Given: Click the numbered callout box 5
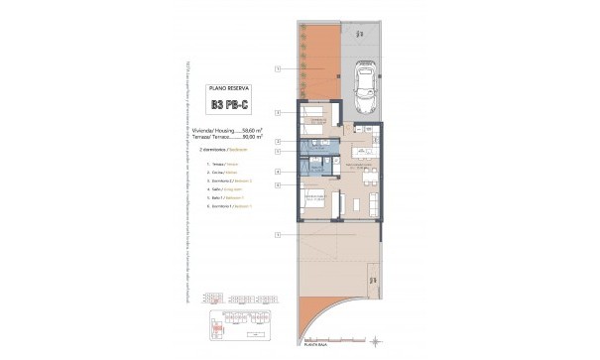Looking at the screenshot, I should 279,173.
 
